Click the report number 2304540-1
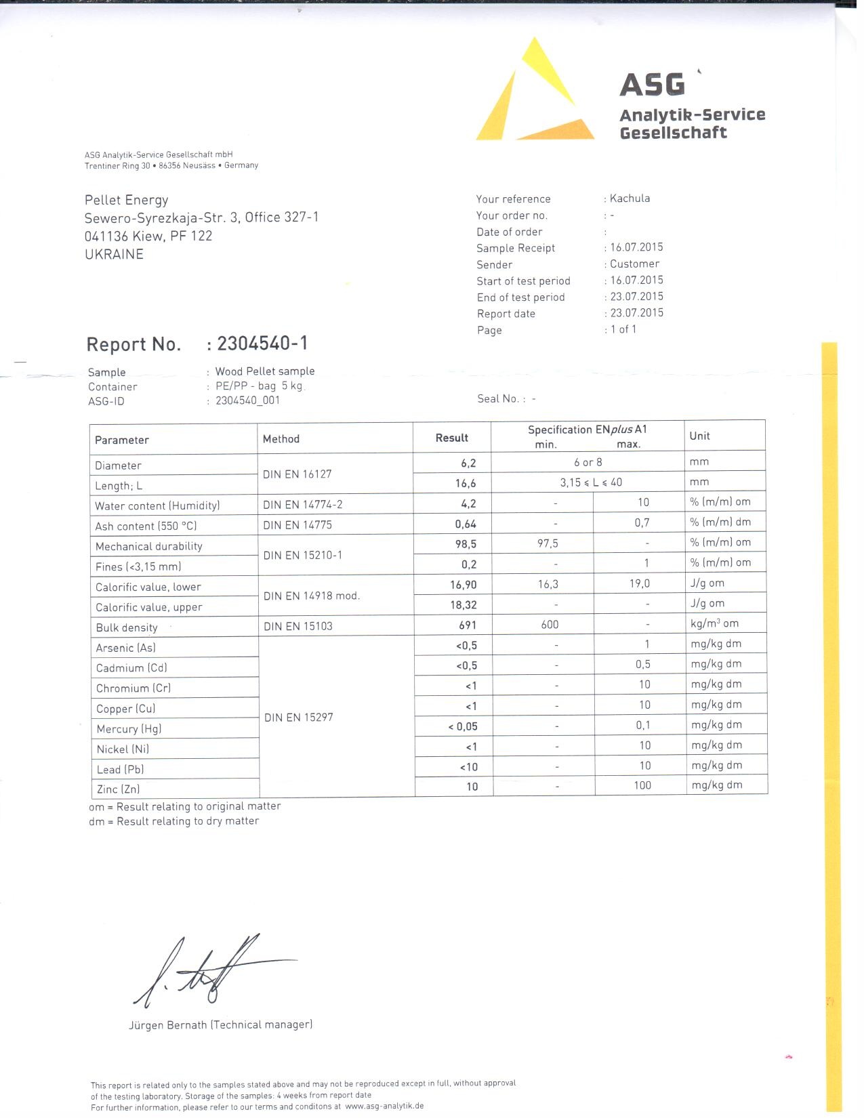(262, 344)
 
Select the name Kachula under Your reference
(630, 199)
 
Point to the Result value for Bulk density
(468, 625)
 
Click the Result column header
(451, 438)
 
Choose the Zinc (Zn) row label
(118, 789)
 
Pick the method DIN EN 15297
(298, 718)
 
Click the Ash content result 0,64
(466, 524)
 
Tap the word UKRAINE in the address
(114, 255)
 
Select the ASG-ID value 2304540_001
(247, 400)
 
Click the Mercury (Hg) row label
(129, 729)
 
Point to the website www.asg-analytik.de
(384, 1106)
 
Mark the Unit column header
(699, 436)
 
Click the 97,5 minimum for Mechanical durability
(548, 543)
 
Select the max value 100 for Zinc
(642, 785)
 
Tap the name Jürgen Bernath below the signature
(168, 1025)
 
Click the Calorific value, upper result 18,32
(464, 605)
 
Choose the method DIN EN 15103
(298, 626)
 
